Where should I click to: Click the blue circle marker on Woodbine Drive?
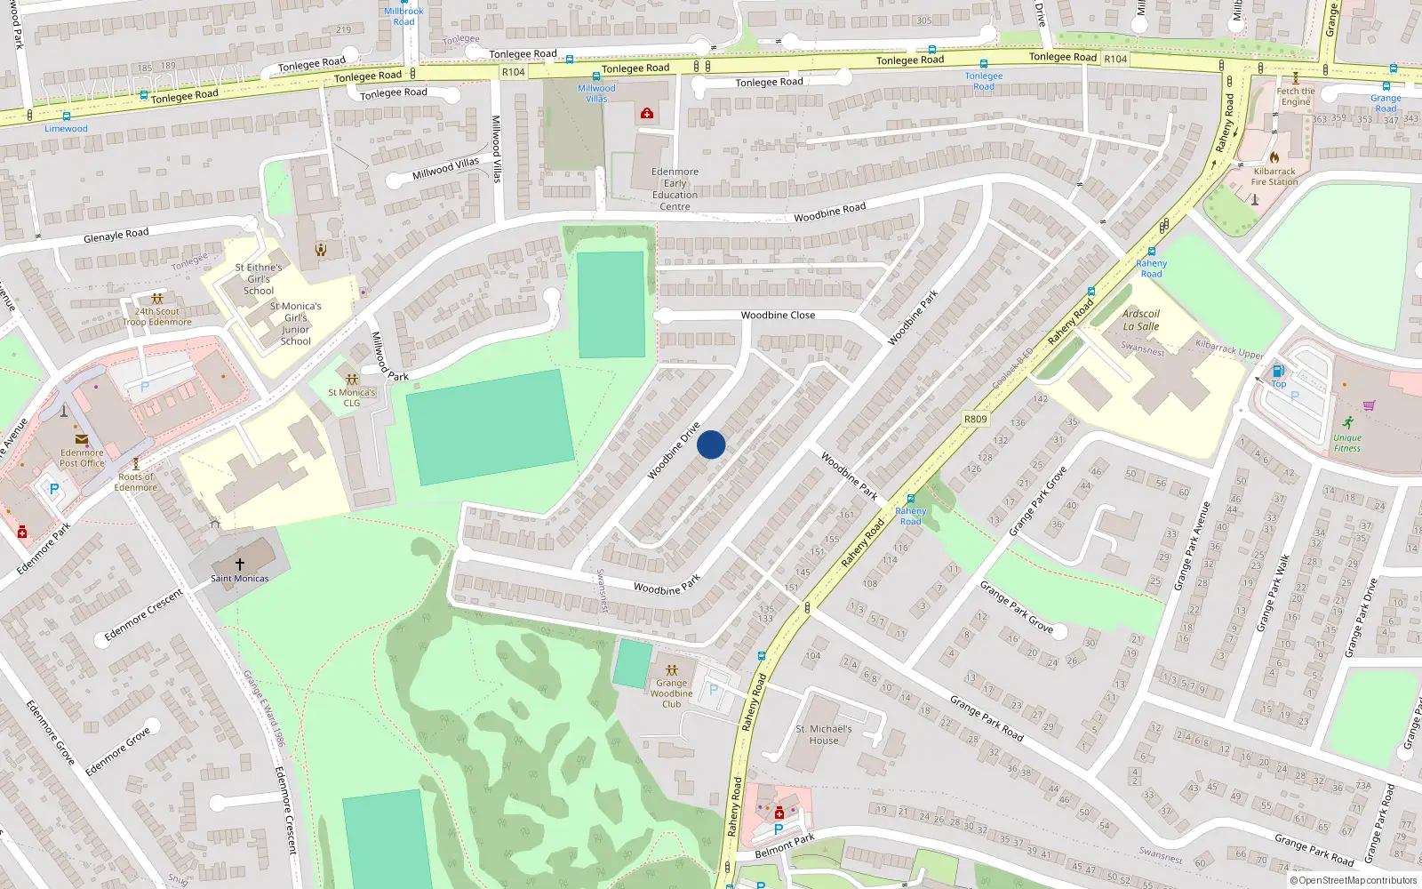click(x=711, y=444)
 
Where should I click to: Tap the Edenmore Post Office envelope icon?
click(x=81, y=439)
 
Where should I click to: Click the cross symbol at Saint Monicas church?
click(x=239, y=564)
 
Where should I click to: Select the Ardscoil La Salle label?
click(x=1140, y=320)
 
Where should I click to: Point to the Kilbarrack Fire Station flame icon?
click(x=1274, y=157)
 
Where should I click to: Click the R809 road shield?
click(x=975, y=419)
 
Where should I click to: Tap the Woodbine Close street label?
click(x=778, y=316)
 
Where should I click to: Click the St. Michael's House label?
click(x=823, y=734)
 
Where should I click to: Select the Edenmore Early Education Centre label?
click(x=675, y=189)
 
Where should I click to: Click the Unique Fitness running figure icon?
click(x=1347, y=422)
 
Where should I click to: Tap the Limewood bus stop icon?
click(x=67, y=116)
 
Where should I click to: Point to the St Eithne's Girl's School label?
click(x=259, y=279)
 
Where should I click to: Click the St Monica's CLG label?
click(x=352, y=397)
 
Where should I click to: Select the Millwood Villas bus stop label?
click(x=596, y=93)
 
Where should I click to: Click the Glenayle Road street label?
click(x=116, y=236)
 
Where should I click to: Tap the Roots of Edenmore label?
click(x=135, y=482)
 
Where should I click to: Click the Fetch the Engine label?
click(x=1296, y=96)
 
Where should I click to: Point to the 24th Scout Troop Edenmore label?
click(x=157, y=316)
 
